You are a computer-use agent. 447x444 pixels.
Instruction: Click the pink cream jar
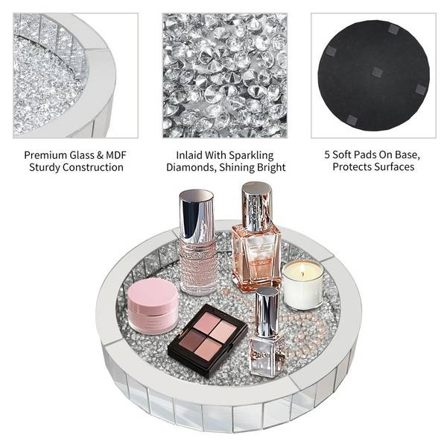(153, 306)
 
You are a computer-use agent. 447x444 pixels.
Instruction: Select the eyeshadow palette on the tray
(207, 340)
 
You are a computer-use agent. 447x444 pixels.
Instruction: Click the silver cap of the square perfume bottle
(256, 206)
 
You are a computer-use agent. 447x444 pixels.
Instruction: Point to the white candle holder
(302, 285)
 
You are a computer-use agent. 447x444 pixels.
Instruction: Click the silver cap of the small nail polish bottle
(267, 312)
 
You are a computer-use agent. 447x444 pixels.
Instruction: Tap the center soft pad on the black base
(376, 72)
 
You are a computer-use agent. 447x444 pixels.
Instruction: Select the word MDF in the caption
(116, 155)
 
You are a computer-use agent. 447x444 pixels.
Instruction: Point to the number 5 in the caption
(327, 154)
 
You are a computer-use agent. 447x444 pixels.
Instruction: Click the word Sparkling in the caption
(251, 156)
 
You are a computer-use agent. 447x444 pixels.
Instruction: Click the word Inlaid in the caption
(188, 155)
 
